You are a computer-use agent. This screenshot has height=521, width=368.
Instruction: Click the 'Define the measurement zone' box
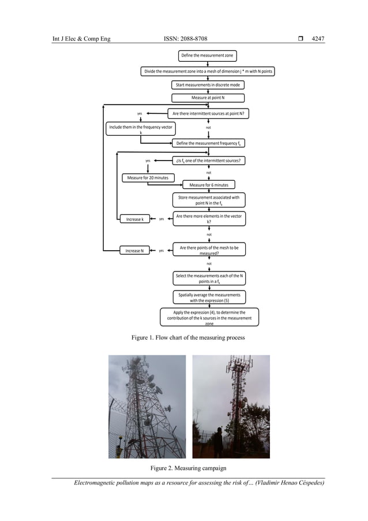click(x=208, y=55)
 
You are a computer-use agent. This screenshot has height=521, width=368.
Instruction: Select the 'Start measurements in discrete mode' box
click(x=208, y=85)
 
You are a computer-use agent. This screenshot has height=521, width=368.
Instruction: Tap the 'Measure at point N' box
click(x=208, y=98)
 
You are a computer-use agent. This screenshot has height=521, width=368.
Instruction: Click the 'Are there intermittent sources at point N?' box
click(x=208, y=113)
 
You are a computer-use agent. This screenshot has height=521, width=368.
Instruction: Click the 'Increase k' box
click(x=135, y=219)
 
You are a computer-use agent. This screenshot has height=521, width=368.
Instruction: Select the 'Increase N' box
click(x=134, y=251)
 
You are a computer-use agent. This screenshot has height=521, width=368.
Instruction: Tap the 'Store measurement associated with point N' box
click(x=208, y=200)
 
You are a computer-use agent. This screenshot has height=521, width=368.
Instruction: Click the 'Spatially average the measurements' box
click(x=208, y=297)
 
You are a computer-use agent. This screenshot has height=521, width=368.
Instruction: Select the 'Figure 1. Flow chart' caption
click(x=188, y=337)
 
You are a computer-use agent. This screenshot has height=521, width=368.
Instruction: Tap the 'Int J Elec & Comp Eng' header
click(x=81, y=39)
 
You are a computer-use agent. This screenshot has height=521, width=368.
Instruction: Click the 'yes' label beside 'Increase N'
click(x=162, y=251)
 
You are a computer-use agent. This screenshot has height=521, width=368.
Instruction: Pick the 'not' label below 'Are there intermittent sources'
click(x=208, y=128)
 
